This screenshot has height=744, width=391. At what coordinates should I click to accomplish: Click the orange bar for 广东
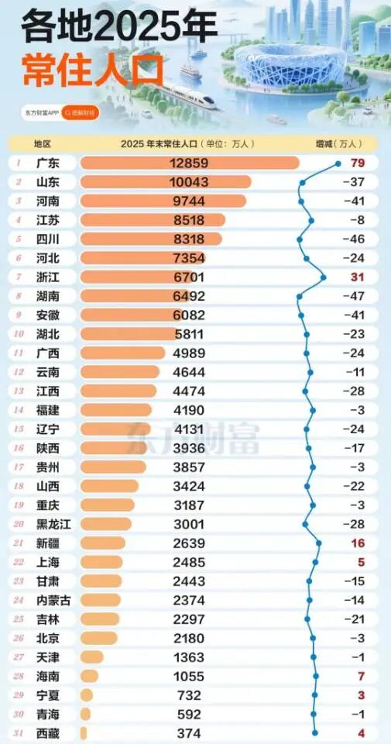pyautogui.click(x=190, y=163)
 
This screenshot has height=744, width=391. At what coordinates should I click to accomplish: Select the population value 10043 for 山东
pyautogui.click(x=189, y=182)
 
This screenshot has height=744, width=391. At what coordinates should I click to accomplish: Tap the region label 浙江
pyautogui.click(x=47, y=277)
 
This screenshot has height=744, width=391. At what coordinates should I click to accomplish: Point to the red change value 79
pyautogui.click(x=358, y=163)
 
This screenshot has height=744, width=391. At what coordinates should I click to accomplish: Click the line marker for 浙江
pyautogui.click(x=324, y=277)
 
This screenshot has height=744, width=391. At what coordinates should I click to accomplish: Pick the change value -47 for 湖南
pyautogui.click(x=355, y=296)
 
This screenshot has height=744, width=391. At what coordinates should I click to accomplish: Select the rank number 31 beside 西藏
pyautogui.click(x=19, y=733)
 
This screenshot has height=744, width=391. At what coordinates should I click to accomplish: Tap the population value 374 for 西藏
pyautogui.click(x=189, y=733)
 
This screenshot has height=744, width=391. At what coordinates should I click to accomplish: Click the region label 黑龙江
pyautogui.click(x=53, y=524)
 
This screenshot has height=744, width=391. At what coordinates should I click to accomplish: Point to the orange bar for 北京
pyautogui.click(x=98, y=638)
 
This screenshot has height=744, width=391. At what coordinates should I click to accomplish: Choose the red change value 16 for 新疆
pyautogui.click(x=358, y=542)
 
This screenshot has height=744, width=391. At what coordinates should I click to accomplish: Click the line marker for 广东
pyautogui.click(x=338, y=164)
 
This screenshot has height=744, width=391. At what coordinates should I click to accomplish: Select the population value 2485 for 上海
pyautogui.click(x=189, y=562)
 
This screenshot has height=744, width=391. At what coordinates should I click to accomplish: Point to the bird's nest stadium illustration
pyautogui.click(x=290, y=65)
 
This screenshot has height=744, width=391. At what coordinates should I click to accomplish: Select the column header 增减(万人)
pyautogui.click(x=339, y=143)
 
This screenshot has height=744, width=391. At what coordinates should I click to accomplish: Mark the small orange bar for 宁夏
pyautogui.click(x=87, y=695)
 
